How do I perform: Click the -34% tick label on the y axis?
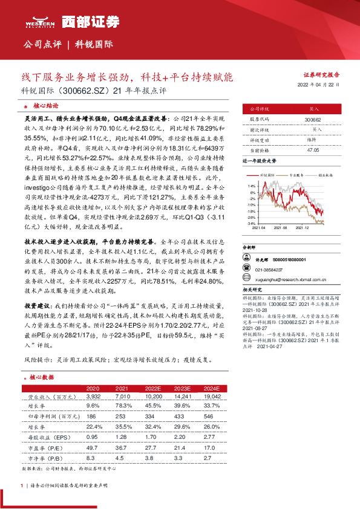tap(251, 223)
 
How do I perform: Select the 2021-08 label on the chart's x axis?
tap(281, 228)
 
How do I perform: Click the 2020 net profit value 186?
tap(92, 417)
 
